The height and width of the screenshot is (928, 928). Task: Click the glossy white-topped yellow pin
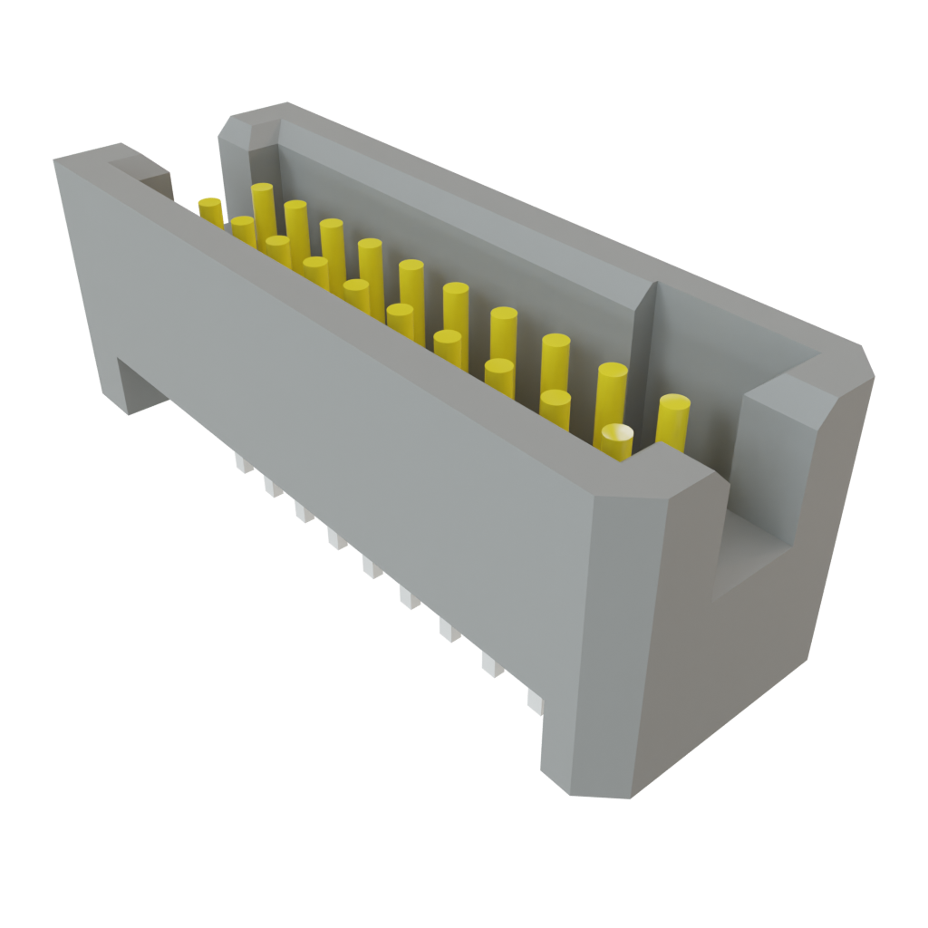(x=615, y=440)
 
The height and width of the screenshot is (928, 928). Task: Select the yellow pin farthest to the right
(x=673, y=420)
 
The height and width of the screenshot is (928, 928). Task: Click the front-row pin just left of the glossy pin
(x=555, y=407)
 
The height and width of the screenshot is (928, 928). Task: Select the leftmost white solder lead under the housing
(x=241, y=464)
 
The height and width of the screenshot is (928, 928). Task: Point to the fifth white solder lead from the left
(x=371, y=568)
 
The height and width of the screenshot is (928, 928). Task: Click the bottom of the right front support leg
(x=589, y=779)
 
